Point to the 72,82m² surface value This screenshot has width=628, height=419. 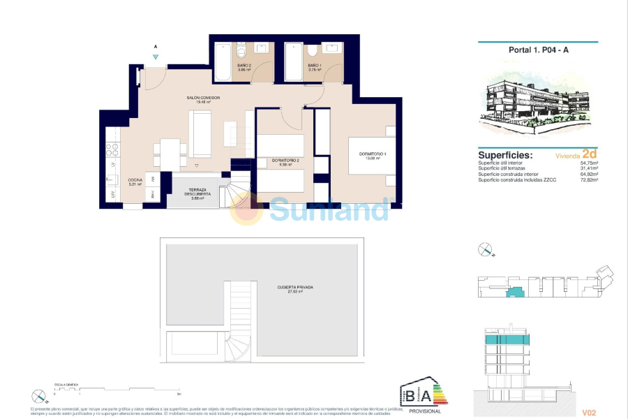point(592,181)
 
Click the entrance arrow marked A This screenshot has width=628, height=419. point(156,57)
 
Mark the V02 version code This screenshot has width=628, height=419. point(590,413)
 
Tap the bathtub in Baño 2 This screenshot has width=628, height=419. point(222,63)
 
